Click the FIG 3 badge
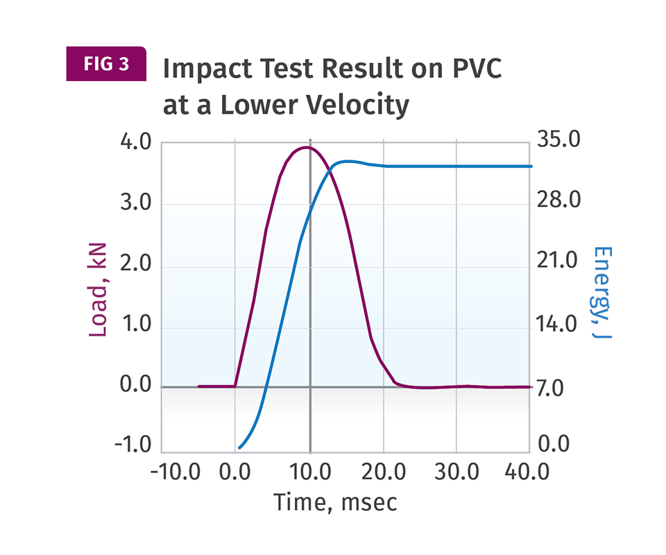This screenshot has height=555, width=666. point(106,64)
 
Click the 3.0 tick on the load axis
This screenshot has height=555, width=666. point(135,205)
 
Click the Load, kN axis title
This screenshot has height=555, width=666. point(99,289)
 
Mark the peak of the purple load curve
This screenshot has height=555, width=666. point(306,147)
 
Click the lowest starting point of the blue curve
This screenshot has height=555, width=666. point(239,448)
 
